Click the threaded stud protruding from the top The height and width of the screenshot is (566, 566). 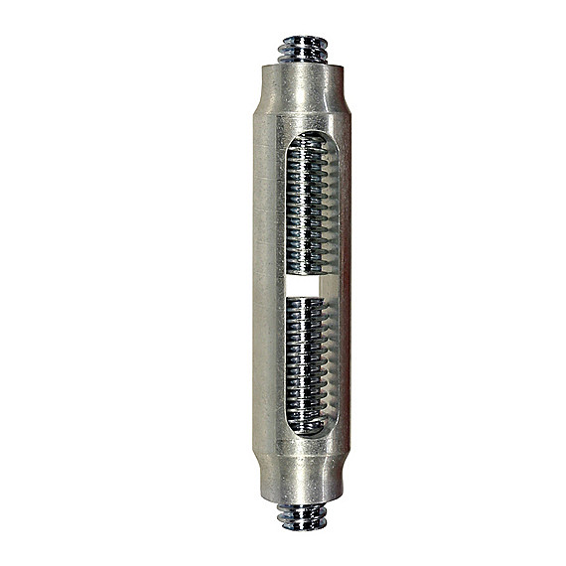pos(305,48)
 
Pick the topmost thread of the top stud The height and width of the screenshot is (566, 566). pos(305,41)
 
